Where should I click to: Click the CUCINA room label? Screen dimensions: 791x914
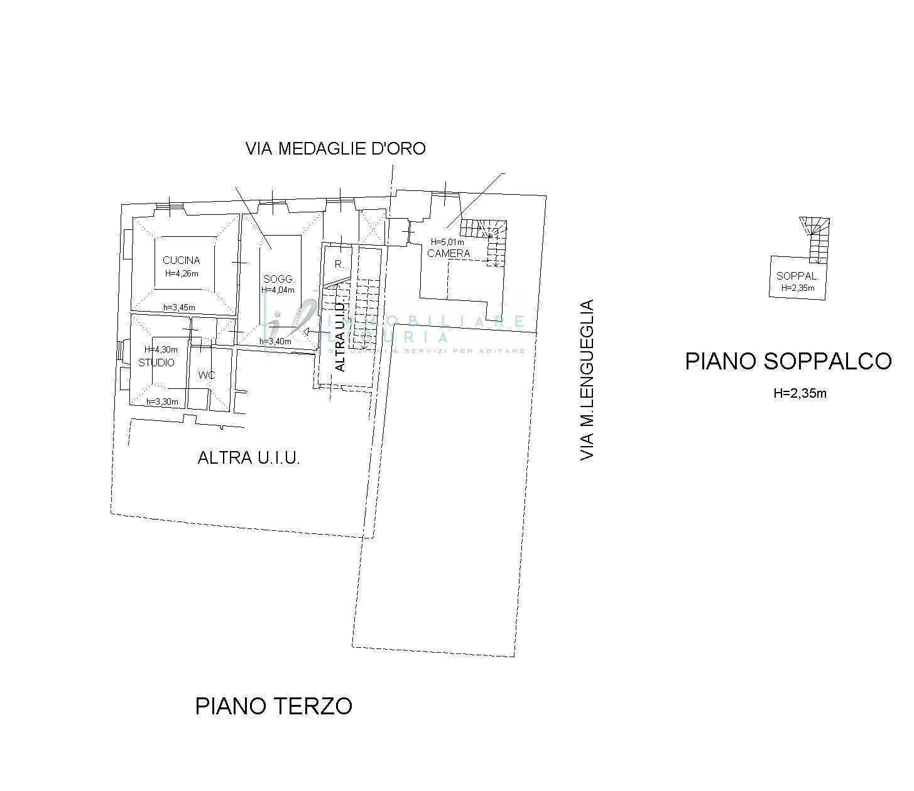181,260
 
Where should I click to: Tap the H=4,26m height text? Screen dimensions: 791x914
182,273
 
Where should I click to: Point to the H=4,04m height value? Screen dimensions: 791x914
278,290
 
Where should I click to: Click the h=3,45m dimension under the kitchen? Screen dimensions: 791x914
179,308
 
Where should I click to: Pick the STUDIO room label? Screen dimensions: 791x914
156,363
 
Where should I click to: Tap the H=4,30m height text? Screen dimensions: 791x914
161,349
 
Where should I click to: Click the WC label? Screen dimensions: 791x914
207,375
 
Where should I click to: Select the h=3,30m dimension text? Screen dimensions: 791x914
162,401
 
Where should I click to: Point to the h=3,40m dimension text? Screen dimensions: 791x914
275,342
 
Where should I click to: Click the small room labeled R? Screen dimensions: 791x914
339,265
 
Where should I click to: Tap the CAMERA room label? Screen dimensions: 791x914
449,253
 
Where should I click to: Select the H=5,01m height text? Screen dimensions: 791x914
447,242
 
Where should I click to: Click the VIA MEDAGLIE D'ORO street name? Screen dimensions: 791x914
335,149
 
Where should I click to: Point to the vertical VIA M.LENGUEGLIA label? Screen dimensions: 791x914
586,381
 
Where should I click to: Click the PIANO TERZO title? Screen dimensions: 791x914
274,706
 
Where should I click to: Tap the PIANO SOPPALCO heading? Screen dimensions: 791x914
788,361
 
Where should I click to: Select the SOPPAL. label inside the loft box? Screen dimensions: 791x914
798,276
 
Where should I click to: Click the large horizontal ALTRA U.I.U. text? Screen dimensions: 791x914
249,458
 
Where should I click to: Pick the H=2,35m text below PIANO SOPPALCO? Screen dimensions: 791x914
800,394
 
